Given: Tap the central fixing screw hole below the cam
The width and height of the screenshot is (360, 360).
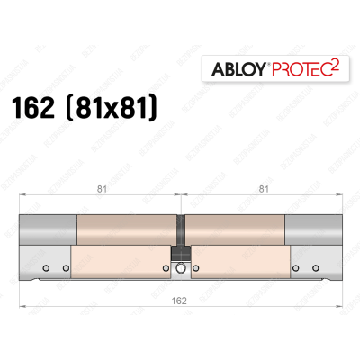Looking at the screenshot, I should point(181,268).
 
